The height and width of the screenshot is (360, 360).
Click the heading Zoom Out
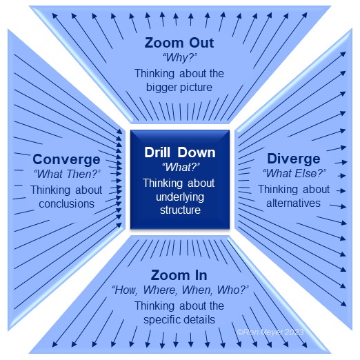pyautogui.click(x=179, y=43)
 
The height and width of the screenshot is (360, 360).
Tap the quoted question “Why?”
pyautogui.click(x=180, y=57)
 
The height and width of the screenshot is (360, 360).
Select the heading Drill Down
pyautogui.click(x=180, y=152)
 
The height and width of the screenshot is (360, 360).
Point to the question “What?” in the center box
pyautogui.click(x=181, y=167)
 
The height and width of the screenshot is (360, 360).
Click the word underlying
pyautogui.click(x=180, y=197)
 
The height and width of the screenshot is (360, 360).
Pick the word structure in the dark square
pyautogui.click(x=180, y=210)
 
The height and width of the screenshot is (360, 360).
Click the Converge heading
pyautogui.click(x=66, y=160)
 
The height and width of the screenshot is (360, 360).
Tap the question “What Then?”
pyautogui.click(x=67, y=174)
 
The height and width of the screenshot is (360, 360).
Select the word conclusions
pyautogui.click(x=66, y=204)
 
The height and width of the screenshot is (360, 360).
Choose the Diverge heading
pyautogui.click(x=294, y=159)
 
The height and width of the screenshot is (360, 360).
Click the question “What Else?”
pyautogui.click(x=294, y=173)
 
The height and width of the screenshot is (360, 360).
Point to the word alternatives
pyautogui.click(x=293, y=203)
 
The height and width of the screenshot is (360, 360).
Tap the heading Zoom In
pyautogui.click(x=179, y=275)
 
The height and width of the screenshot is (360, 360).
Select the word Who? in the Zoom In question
pyautogui.click(x=232, y=290)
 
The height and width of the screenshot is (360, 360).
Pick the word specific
pyautogui.click(x=163, y=320)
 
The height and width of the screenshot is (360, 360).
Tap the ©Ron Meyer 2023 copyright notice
pyautogui.click(x=270, y=332)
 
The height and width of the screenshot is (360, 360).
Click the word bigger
pyautogui.click(x=160, y=88)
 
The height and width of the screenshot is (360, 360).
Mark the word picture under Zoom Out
pyautogui.click(x=194, y=88)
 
